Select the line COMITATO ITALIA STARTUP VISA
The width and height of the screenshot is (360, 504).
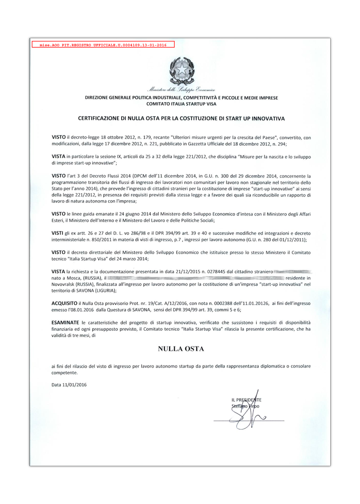point(182,103)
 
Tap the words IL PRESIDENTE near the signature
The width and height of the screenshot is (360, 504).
point(246,400)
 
